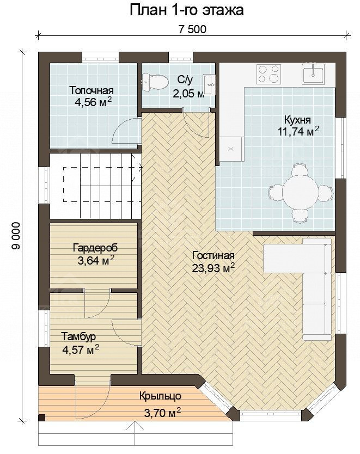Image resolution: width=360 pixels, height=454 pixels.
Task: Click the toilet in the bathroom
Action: pyautogui.click(x=155, y=81)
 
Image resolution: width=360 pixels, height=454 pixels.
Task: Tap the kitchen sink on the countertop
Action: pyautogui.click(x=313, y=73)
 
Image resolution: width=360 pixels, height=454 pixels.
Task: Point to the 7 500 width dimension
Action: pyautogui.click(x=192, y=29)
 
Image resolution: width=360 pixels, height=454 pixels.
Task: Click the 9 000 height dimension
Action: pyautogui.click(x=16, y=236)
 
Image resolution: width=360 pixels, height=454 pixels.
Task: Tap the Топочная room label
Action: pyautogui.click(x=91, y=90)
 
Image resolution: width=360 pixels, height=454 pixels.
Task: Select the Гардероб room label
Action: pyautogui.click(x=95, y=248)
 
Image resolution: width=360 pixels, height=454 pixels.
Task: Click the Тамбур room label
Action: pyautogui.click(x=78, y=336)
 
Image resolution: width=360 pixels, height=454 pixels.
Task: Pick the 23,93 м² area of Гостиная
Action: pyautogui.click(x=213, y=268)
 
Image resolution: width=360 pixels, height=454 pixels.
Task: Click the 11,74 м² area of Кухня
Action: pyautogui.click(x=298, y=131)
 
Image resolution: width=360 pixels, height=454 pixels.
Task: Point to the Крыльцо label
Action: pyautogui.click(x=160, y=396)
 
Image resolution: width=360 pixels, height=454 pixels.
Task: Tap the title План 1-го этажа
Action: pyautogui.click(x=187, y=10)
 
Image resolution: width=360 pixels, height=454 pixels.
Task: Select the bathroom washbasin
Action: pyautogui.click(x=209, y=84)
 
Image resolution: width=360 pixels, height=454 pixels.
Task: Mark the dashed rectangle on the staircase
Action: pyautogui.click(x=102, y=184)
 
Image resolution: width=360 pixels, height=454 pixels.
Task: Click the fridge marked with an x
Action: pyautogui.click(x=230, y=149)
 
